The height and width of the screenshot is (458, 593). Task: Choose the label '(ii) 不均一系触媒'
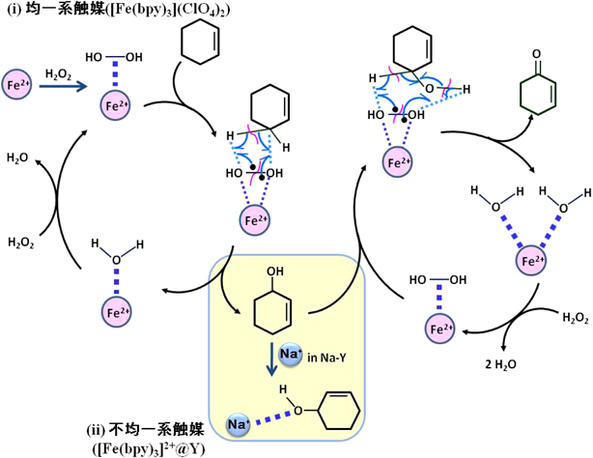click(146, 426)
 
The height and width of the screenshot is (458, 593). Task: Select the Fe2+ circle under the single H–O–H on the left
click(116, 312)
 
